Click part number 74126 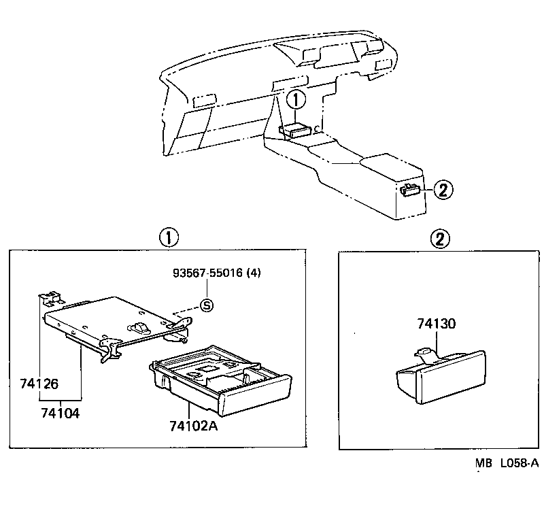[58, 384]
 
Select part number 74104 [60, 413]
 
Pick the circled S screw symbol [207, 306]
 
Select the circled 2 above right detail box [441, 238]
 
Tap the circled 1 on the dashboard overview [296, 101]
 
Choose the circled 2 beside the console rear [442, 190]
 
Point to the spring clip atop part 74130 [423, 352]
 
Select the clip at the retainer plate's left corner [49, 297]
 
